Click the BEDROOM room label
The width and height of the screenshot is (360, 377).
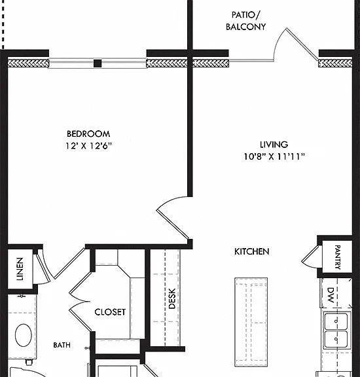pyautogui.click(x=88, y=134)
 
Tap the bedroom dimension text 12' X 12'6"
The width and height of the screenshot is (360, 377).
pyautogui.click(x=89, y=146)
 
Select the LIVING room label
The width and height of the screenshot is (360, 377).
pyautogui.click(x=274, y=145)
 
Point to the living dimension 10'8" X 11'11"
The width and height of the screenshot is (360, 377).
pyautogui.click(x=274, y=156)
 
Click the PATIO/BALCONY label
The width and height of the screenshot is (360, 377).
pyautogui.click(x=245, y=21)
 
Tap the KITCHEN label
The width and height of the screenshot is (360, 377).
pyautogui.click(x=251, y=251)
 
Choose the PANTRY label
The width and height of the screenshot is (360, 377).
pyautogui.click(x=337, y=257)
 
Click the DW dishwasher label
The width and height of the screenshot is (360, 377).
pyautogui.click(x=331, y=295)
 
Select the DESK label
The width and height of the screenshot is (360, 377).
pyautogui.click(x=172, y=298)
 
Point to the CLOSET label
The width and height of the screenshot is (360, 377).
pyautogui.click(x=110, y=312)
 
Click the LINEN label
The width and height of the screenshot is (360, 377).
pyautogui.click(x=20, y=269)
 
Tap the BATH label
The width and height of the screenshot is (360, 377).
pyautogui.click(x=62, y=345)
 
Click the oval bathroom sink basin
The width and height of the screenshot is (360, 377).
pyautogui.click(x=24, y=335)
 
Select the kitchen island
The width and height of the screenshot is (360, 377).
pyautogui.click(x=251, y=323)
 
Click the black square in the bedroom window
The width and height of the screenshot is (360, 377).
pyautogui.click(x=98, y=63)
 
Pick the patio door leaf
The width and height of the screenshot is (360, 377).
pyautogui.click(x=302, y=44)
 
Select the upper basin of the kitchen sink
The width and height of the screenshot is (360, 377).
pyautogui.click(x=336, y=321)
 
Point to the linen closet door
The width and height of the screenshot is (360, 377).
pyautogui.click(x=43, y=268)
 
